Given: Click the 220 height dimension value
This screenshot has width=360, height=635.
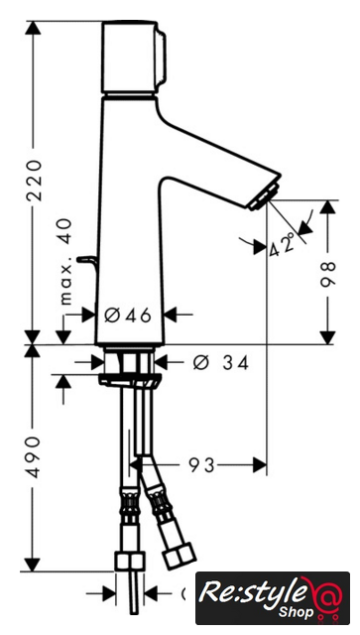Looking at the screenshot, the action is [x=34, y=181].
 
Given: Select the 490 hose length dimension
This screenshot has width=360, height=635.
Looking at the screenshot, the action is [x=33, y=456].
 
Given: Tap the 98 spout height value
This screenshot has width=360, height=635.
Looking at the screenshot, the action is [x=328, y=274].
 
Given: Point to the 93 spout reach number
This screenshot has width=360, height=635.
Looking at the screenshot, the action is [x=201, y=465].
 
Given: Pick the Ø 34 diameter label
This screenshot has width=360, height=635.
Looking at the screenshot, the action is [x=220, y=363].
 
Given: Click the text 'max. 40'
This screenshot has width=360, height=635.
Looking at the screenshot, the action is [x=64, y=262].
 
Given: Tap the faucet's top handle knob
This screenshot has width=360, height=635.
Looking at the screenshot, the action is [x=134, y=58].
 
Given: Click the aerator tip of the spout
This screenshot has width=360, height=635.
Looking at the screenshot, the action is [x=265, y=197].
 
